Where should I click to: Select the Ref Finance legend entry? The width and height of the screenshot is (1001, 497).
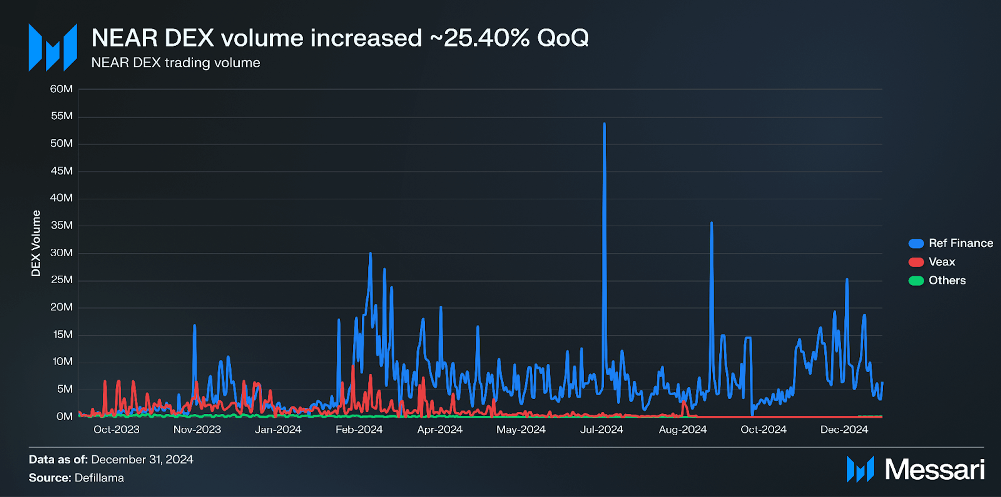point(951,243)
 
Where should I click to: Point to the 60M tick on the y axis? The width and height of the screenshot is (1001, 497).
point(62,89)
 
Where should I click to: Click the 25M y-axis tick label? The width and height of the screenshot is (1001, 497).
point(62,280)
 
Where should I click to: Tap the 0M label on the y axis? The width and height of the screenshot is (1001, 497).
point(64,416)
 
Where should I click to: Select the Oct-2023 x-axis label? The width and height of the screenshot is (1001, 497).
point(116,430)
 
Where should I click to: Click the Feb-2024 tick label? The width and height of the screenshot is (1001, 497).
point(359,430)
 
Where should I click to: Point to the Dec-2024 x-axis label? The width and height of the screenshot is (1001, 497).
point(844,430)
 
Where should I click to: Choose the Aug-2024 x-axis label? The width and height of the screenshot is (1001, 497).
point(682,430)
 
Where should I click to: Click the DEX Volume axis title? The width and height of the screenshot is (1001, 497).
point(36,243)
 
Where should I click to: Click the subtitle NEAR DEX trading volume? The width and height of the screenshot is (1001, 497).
point(176,63)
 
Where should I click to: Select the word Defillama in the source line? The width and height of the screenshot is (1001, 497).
point(99,478)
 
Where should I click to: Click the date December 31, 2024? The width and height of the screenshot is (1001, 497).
point(142,460)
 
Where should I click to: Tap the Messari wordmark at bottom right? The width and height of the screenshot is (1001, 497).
point(935,469)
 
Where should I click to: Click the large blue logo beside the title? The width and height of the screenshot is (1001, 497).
point(53,47)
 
